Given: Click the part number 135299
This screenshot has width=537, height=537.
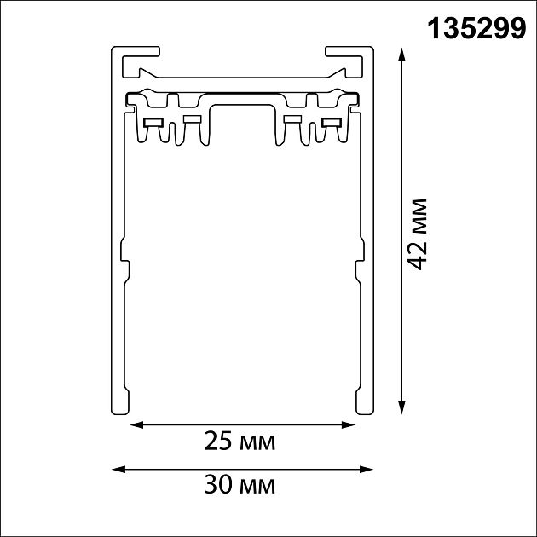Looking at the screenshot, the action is tap(476, 29).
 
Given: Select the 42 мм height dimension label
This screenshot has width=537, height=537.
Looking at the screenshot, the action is tap(418, 234).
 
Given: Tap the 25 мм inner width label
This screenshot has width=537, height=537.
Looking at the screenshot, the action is tap(240, 442).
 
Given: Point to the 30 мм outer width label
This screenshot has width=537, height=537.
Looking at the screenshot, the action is tap(240, 485).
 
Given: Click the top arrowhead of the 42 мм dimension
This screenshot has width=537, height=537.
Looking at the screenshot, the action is tap(401, 55).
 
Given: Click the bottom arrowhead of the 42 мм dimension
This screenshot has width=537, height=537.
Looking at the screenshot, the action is tap(401, 407).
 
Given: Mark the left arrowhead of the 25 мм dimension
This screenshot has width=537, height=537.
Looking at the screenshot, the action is tap(136, 425).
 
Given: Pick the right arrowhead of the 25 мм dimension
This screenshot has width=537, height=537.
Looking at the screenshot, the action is tap(349, 425).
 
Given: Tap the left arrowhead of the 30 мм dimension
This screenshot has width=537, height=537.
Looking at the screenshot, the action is tap(118, 469).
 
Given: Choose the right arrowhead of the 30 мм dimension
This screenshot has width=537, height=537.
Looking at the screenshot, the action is tap(367, 469).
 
